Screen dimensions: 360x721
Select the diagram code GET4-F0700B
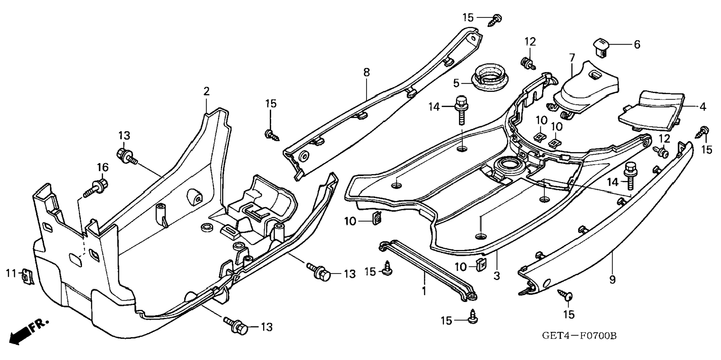click(x=579, y=336)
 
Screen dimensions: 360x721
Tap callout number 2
click(x=207, y=91)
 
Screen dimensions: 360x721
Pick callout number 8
click(x=366, y=72)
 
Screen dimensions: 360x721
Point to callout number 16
click(x=103, y=168)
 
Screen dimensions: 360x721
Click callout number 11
click(x=11, y=273)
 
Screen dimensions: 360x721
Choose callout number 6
click(x=637, y=44)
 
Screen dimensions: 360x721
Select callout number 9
click(x=613, y=279)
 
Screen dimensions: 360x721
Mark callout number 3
click(x=497, y=276)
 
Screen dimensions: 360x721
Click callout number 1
click(x=424, y=291)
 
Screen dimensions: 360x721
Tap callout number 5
click(x=456, y=83)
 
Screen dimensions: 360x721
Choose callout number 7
click(x=572, y=58)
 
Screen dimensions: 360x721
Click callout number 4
click(x=703, y=107)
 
